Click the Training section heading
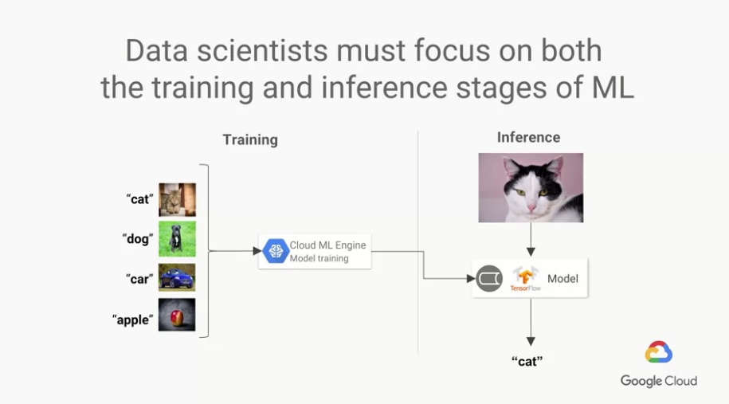pyautogui.click(x=250, y=140)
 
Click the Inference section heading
pyautogui.click(x=528, y=138)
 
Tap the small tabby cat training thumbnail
pyautogui.click(x=177, y=200)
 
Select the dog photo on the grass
pyautogui.click(x=177, y=239)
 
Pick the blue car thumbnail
pyautogui.click(x=177, y=277)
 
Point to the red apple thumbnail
pyautogui.click(x=177, y=315)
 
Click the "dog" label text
pyautogui.click(x=138, y=239)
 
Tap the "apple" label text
pyautogui.click(x=132, y=320)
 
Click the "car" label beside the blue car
pyautogui.click(x=139, y=279)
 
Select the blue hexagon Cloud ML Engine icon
pyautogui.click(x=276, y=251)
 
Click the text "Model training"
pyautogui.click(x=319, y=258)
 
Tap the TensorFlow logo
pyautogui.click(x=525, y=278)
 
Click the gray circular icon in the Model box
pyautogui.click(x=489, y=278)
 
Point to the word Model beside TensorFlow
pyautogui.click(x=562, y=278)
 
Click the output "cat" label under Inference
pyautogui.click(x=527, y=361)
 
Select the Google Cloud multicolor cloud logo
pyautogui.click(x=658, y=352)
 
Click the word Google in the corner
pyautogui.click(x=641, y=381)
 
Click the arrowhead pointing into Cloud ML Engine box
pyautogui.click(x=257, y=251)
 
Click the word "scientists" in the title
pyautogui.click(x=262, y=51)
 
